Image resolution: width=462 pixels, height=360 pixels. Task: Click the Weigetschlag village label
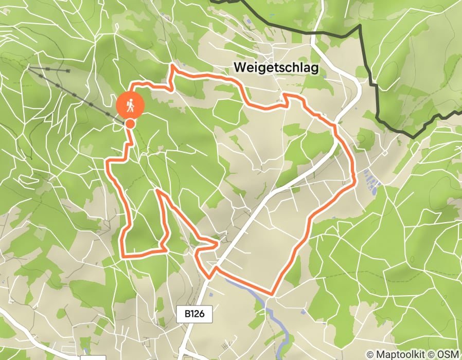276,67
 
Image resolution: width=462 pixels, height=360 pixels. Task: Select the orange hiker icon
130,105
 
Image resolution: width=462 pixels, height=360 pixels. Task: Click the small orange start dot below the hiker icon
131,123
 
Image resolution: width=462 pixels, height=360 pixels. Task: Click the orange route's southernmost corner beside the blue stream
272,294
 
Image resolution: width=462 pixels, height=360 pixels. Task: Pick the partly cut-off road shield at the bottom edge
86,357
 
